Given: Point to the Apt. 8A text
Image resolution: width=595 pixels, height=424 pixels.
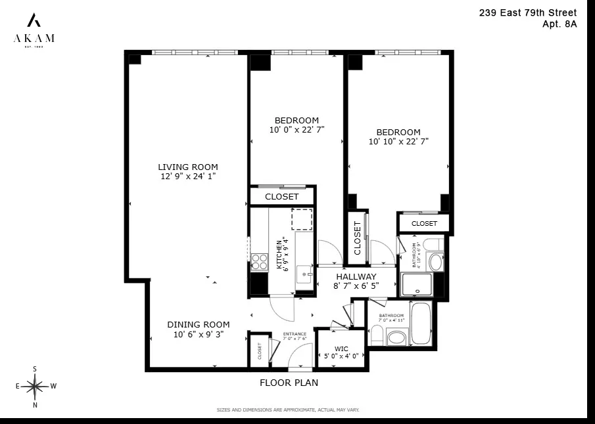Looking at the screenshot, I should (x=559, y=25).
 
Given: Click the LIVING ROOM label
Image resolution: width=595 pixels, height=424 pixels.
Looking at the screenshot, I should (x=187, y=167).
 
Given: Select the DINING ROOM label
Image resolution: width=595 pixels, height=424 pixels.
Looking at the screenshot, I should (x=198, y=324).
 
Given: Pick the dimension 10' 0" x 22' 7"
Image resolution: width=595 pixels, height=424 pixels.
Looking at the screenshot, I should (x=297, y=130).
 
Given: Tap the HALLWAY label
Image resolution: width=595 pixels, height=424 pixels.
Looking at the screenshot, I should (x=356, y=276).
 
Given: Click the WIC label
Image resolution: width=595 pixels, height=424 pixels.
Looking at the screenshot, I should (x=341, y=348).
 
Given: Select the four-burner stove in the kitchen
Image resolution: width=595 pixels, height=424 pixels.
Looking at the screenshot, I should (x=259, y=262).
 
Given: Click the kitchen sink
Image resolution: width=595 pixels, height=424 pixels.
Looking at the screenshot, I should (x=304, y=274).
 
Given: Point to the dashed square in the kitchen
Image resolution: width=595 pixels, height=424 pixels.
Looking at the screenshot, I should (x=302, y=219).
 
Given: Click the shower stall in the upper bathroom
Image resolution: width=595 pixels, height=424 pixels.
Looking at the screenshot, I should (x=416, y=284).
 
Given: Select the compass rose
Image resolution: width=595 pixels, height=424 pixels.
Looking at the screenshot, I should (x=35, y=387).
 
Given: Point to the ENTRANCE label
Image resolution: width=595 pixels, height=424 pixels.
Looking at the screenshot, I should (x=295, y=334).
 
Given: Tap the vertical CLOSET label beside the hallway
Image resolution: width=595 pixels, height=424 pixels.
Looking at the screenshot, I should (x=358, y=237).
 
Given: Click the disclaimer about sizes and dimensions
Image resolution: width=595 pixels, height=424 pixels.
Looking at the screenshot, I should (x=288, y=410).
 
